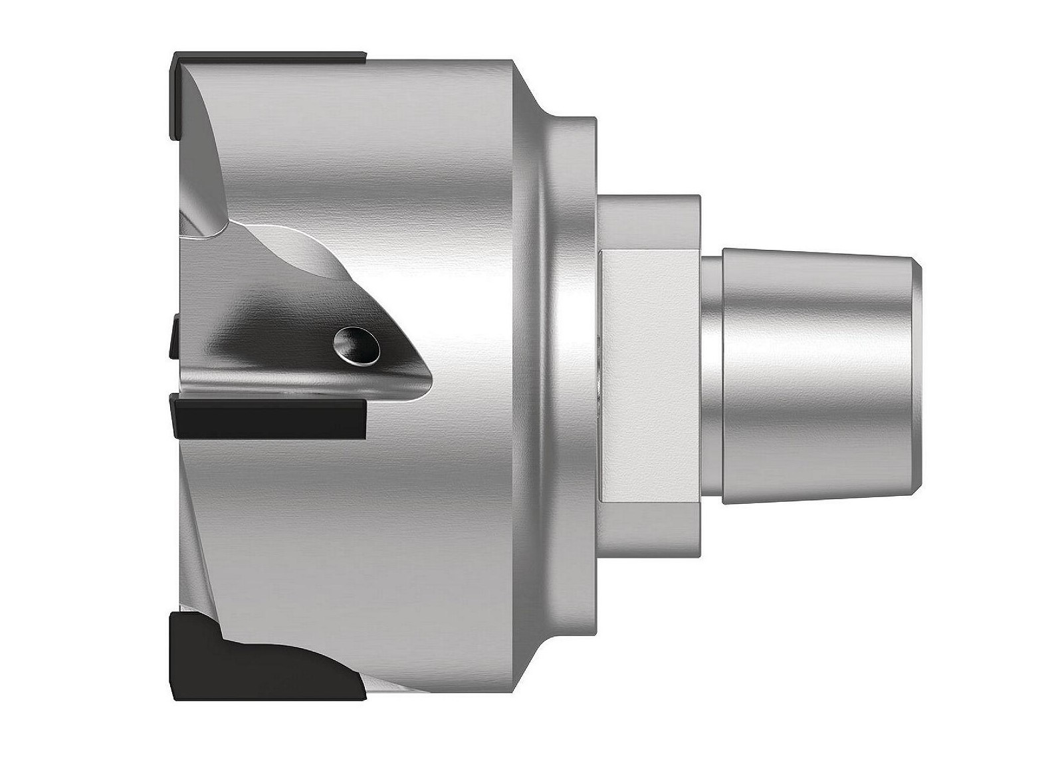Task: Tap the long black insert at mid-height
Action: (269, 417)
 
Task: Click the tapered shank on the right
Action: (817, 376)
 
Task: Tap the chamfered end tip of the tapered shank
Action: (918, 376)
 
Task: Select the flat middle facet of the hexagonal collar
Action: (648, 376)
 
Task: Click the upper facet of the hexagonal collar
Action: (648, 223)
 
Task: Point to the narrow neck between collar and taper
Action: (711, 376)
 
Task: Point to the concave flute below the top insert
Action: (199, 153)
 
